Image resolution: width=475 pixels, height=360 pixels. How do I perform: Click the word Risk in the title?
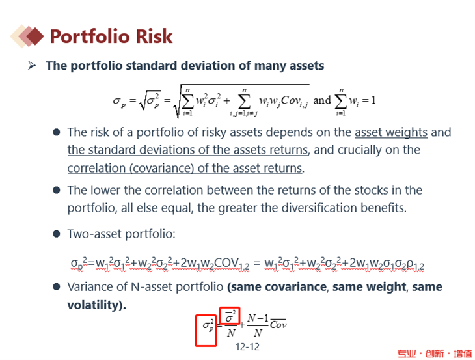click(x=154, y=36)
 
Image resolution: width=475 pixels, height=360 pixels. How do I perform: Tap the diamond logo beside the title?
click(x=27, y=36)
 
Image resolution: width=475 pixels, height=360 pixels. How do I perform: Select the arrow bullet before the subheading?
click(x=31, y=65)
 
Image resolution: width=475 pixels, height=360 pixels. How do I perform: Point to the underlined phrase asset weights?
click(x=391, y=132)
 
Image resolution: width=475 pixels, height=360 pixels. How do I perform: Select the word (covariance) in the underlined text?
click(x=162, y=168)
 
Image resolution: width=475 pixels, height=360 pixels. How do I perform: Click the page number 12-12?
click(x=247, y=347)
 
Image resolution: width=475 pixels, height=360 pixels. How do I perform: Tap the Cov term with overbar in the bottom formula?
click(x=278, y=325)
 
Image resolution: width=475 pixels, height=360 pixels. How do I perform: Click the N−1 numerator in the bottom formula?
click(x=258, y=318)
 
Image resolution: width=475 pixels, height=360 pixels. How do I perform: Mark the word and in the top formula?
click(x=321, y=100)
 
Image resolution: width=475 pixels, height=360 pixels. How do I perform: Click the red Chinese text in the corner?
click(x=435, y=353)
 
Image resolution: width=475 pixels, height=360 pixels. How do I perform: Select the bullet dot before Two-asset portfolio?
click(x=57, y=234)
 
